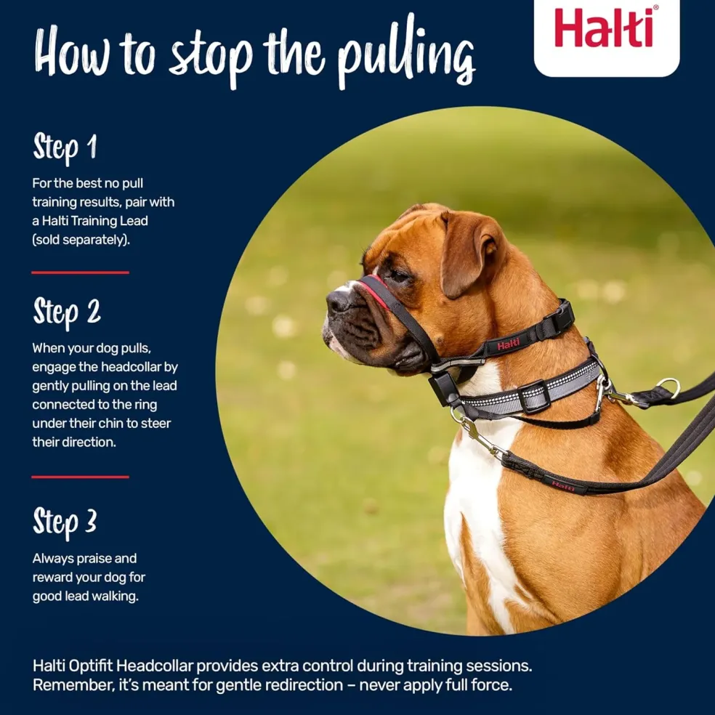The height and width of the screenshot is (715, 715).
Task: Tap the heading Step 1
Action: (x=65, y=148)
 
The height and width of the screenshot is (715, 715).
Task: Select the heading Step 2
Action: (x=67, y=312)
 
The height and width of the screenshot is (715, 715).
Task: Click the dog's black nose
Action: (x=338, y=300)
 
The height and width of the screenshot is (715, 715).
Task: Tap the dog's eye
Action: (x=398, y=275)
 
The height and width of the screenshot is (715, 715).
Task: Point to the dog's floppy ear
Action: (x=469, y=252)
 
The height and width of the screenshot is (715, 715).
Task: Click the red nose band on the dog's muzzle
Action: (x=375, y=292)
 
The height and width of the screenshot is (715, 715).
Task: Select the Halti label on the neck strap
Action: (x=508, y=345)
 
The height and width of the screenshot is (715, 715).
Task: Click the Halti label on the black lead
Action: (x=562, y=485)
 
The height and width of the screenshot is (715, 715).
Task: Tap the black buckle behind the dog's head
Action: (x=558, y=318)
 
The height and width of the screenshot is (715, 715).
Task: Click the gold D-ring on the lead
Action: (x=668, y=387)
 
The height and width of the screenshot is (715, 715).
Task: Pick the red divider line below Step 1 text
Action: (x=80, y=272)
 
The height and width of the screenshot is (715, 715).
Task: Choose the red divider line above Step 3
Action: (x=80, y=477)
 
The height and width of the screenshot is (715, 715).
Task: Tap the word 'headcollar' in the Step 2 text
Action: (x=132, y=367)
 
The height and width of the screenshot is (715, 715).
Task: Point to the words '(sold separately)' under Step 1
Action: (x=81, y=240)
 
